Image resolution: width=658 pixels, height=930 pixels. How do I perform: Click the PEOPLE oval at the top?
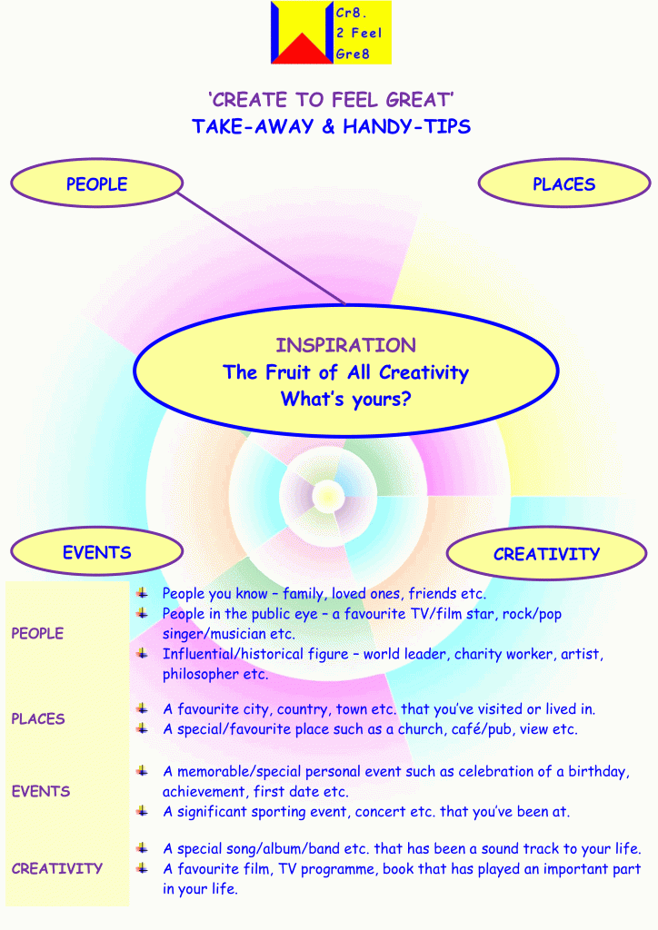[95, 184]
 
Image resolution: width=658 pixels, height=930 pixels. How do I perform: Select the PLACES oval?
[563, 184]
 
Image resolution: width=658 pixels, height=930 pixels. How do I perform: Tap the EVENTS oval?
[96, 552]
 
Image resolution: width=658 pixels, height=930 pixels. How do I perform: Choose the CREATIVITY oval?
[545, 554]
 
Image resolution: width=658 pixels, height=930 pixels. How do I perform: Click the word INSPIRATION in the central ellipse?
[345, 345]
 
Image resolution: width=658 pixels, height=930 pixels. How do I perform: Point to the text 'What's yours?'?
[345, 399]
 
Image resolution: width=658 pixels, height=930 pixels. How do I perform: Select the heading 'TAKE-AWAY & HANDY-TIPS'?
[331, 126]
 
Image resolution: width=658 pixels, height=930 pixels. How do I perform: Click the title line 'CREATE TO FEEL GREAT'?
[331, 100]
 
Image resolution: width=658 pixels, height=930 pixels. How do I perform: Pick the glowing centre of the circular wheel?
[326, 497]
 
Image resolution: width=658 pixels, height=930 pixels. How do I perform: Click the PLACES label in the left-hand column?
[38, 719]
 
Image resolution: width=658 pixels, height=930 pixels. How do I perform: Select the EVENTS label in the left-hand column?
[41, 792]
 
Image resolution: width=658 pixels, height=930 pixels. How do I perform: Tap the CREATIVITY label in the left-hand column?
[56, 869]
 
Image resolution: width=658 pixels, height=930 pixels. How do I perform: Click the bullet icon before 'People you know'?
[143, 593]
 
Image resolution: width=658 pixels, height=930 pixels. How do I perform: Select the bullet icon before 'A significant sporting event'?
[143, 811]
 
